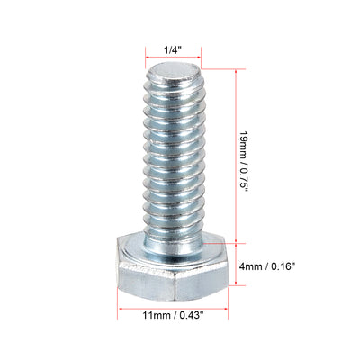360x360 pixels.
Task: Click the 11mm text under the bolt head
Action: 155,315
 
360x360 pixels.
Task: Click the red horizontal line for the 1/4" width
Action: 171,51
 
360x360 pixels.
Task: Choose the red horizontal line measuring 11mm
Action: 171,302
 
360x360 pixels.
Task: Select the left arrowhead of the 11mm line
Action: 121,302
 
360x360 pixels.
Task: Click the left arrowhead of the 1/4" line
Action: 145,51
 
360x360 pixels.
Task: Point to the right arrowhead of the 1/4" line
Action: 199,51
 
